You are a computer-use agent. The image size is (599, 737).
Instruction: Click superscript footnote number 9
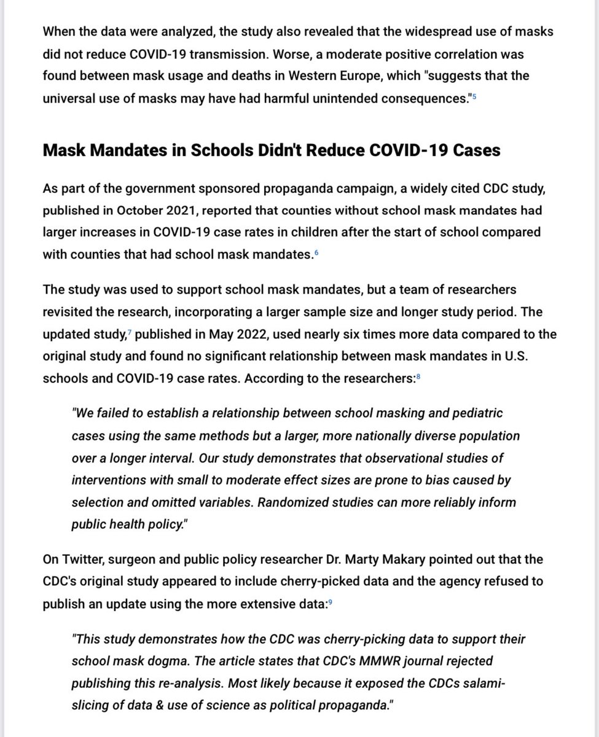[x=331, y=602]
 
